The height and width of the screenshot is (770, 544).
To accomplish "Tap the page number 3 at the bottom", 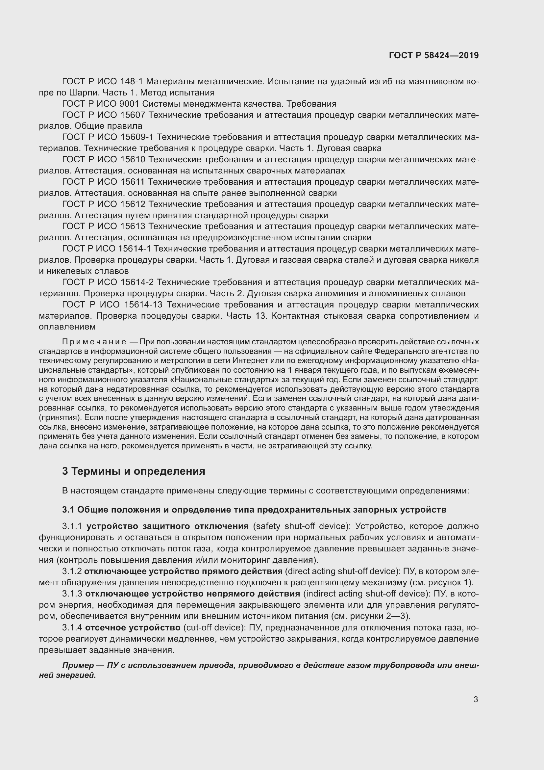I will pos(476,700).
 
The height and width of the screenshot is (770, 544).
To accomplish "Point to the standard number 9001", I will pos(129,104).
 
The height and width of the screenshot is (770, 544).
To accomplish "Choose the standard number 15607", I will pos(132,115).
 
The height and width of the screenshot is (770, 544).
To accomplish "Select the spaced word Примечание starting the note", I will pos(94,342).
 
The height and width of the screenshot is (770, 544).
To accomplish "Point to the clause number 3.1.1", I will pos(72,526).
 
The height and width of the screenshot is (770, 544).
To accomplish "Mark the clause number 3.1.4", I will pos(72,627).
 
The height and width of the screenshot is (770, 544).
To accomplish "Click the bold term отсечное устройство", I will pos(133,627).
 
